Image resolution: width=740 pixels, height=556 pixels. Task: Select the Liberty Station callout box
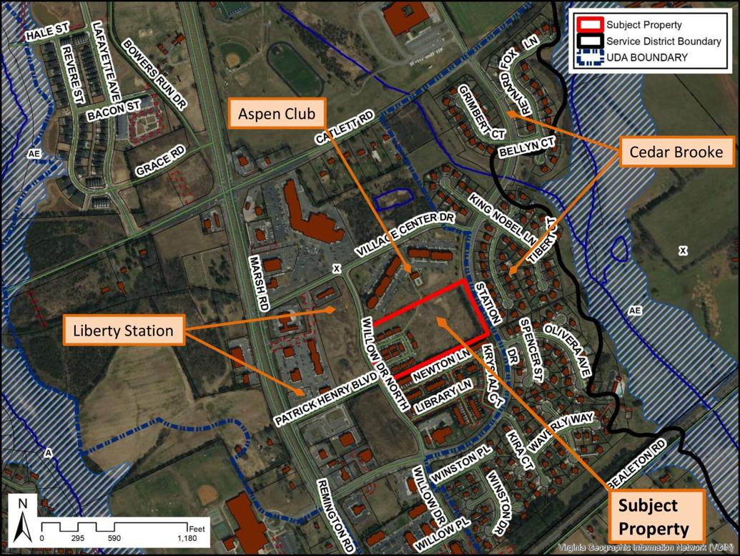(x=123, y=330)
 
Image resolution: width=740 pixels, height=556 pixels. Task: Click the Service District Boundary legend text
(x=663, y=41)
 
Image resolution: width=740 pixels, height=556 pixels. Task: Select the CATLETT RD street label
(x=349, y=129)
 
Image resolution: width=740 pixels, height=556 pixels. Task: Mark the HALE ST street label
(x=46, y=35)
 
